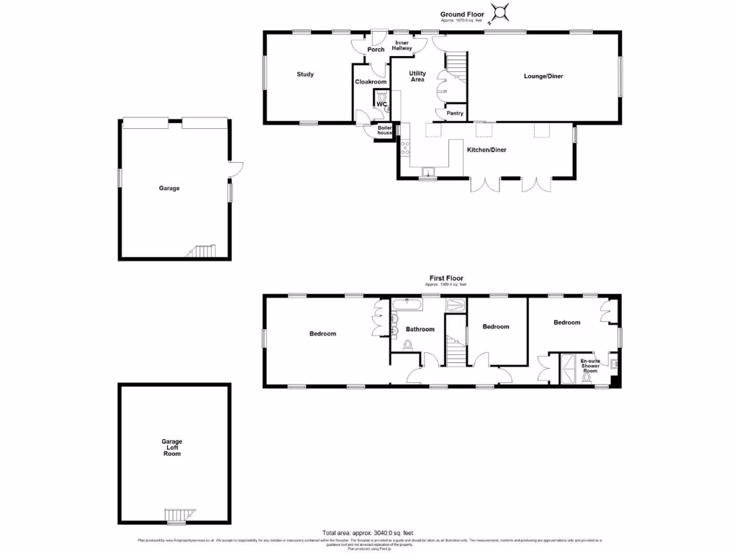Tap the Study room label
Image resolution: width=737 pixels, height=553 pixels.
click(305, 74)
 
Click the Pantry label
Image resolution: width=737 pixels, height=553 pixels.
click(454, 113)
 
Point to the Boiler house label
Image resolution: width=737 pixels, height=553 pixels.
click(385, 130)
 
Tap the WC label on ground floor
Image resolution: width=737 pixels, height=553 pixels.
click(381, 104)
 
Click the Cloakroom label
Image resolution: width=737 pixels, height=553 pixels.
click(371, 82)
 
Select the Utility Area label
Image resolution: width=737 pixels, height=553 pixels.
click(417, 76)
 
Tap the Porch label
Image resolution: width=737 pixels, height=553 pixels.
click(376, 50)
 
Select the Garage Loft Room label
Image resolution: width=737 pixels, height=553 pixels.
click(171, 447)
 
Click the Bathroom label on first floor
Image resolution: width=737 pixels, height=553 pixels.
click(420, 329)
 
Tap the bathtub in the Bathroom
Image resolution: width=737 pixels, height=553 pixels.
click(407, 305)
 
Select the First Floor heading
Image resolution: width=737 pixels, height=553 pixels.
click(446, 278)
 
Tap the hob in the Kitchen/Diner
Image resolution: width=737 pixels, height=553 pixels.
click(404, 147)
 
